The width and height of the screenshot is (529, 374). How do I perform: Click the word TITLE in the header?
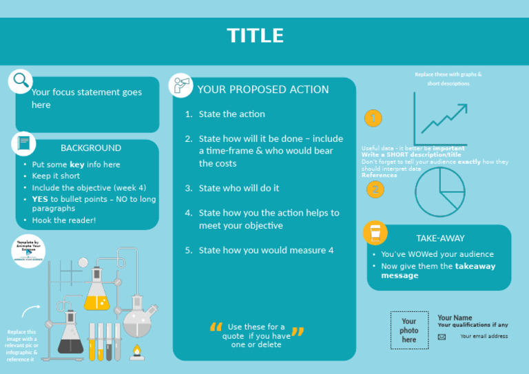click(x=255, y=36)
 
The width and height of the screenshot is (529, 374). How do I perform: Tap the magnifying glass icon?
click(x=21, y=80)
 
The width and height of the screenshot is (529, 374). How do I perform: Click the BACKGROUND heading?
click(x=90, y=148)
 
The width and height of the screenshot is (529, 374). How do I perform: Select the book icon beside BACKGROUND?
click(x=24, y=144)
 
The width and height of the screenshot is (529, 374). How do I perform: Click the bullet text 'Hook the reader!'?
click(x=64, y=220)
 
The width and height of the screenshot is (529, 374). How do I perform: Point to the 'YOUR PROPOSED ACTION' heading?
click(x=263, y=90)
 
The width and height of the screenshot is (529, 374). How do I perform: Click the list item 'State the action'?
click(x=231, y=114)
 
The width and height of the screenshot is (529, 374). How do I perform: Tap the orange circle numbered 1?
click(x=373, y=118)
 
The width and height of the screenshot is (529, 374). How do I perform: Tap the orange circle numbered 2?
click(x=375, y=189)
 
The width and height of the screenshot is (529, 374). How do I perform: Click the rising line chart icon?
click(x=441, y=118)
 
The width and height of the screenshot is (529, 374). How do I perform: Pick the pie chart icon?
click(x=440, y=191)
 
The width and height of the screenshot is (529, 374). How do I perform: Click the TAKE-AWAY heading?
click(x=440, y=238)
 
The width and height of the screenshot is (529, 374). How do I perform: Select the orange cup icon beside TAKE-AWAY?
click(x=375, y=233)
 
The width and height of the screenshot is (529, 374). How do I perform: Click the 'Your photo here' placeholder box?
click(x=409, y=331)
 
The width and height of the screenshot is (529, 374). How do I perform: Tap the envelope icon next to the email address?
click(x=442, y=337)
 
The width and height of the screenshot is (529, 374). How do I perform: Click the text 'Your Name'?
click(x=455, y=318)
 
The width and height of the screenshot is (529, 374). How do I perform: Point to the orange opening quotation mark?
click(x=216, y=330)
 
